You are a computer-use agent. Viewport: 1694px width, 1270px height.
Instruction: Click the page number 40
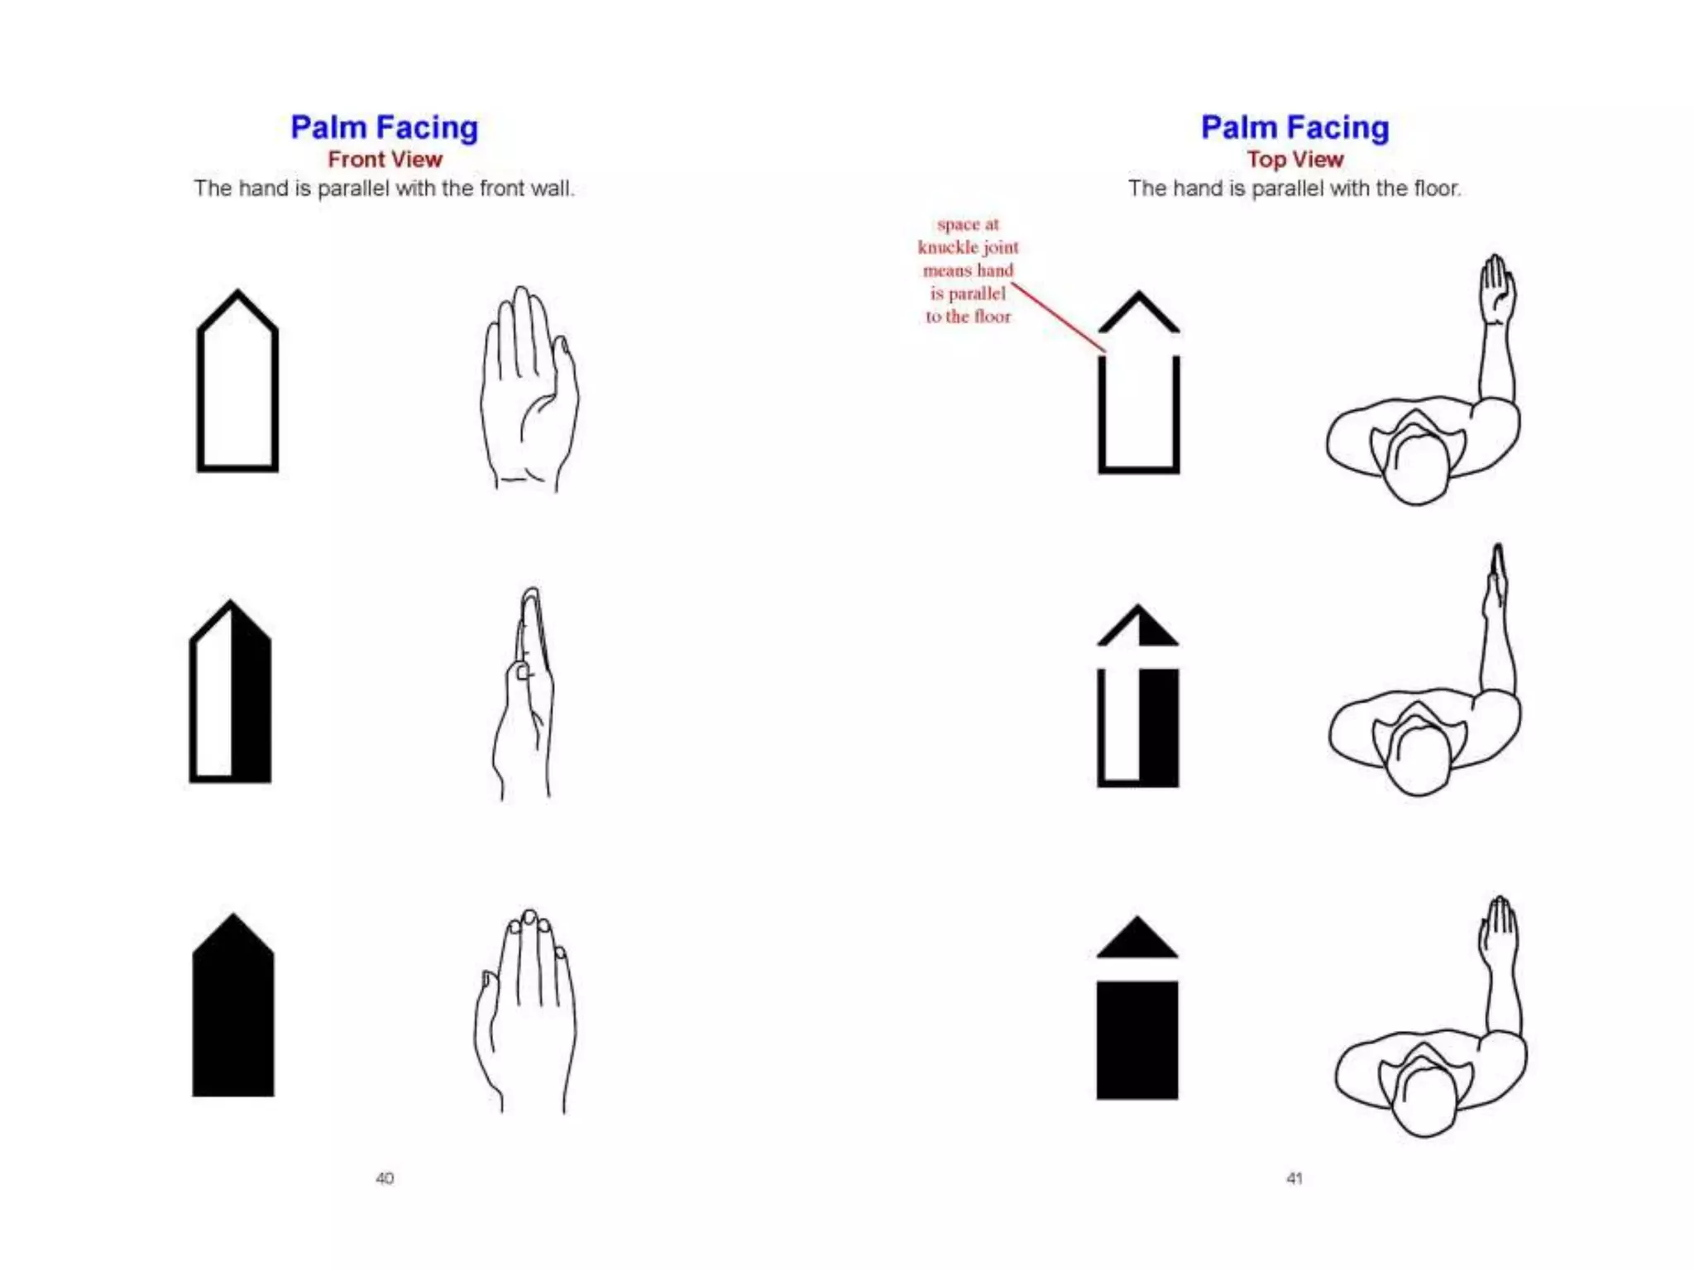385,1178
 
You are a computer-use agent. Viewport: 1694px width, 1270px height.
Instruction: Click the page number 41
1294,1178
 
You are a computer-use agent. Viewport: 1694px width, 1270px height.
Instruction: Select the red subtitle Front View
385,160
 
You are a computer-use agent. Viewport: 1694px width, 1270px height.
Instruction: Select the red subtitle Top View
1294,160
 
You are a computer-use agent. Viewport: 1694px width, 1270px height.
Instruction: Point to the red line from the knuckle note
1059,318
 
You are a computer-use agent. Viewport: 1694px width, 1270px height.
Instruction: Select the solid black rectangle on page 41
1137,1040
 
